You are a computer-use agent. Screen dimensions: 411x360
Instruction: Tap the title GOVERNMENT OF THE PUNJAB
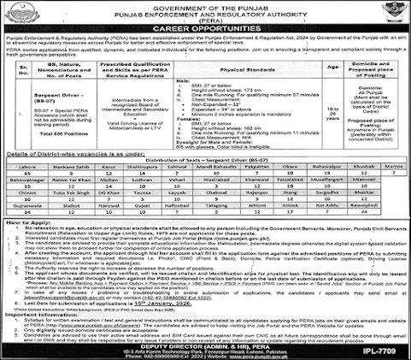pyautogui.click(x=205, y=7)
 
